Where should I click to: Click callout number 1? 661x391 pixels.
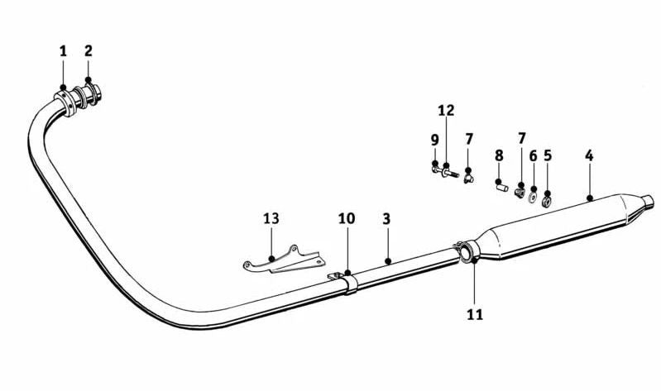(63, 51)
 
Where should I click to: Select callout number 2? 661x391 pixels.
(88, 51)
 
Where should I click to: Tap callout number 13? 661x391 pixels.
(271, 218)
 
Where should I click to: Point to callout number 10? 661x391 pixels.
(347, 218)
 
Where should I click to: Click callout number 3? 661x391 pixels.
(386, 219)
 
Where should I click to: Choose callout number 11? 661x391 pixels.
(475, 314)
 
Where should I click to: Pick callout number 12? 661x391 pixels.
(446, 111)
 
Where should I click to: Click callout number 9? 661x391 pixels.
(434, 140)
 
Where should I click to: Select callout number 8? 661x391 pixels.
(499, 155)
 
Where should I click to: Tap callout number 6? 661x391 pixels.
(534, 156)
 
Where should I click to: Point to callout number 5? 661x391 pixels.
(548, 155)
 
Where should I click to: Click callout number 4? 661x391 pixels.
(589, 155)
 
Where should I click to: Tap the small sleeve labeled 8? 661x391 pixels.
(501, 186)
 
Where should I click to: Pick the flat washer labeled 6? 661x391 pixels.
(533, 197)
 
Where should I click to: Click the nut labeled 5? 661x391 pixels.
(547, 202)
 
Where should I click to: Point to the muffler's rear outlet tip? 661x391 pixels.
(649, 202)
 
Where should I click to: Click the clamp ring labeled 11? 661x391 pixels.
(467, 252)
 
